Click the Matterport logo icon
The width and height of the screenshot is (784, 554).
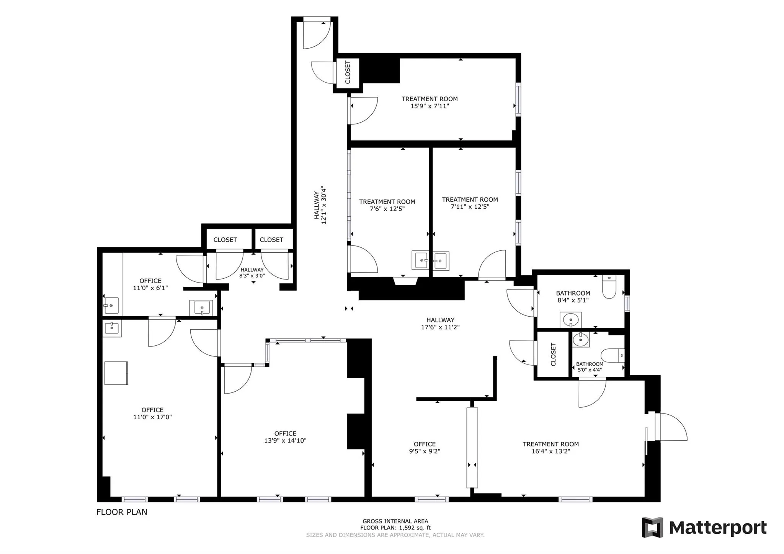(652, 527)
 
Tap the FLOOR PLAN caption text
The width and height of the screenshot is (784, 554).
(121, 512)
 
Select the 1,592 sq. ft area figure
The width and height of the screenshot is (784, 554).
(415, 528)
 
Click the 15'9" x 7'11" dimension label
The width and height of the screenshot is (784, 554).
(430, 106)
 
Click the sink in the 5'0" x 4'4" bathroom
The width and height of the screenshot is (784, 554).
(581, 339)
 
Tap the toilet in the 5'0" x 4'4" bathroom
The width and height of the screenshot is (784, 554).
(612, 355)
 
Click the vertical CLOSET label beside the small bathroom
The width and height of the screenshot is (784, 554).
(553, 355)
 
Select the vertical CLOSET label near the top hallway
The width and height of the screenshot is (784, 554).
(348, 72)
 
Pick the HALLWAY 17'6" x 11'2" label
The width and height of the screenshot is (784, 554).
(440, 324)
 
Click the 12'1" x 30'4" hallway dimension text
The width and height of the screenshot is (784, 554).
(324, 205)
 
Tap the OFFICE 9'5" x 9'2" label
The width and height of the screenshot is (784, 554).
(425, 448)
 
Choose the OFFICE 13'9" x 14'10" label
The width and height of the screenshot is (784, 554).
(285, 437)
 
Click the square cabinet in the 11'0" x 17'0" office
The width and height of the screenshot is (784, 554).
(116, 373)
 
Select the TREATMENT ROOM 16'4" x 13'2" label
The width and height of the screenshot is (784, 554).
(550, 448)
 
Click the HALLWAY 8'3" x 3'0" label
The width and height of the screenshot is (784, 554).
(252, 273)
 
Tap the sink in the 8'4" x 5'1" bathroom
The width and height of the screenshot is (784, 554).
(571, 319)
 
